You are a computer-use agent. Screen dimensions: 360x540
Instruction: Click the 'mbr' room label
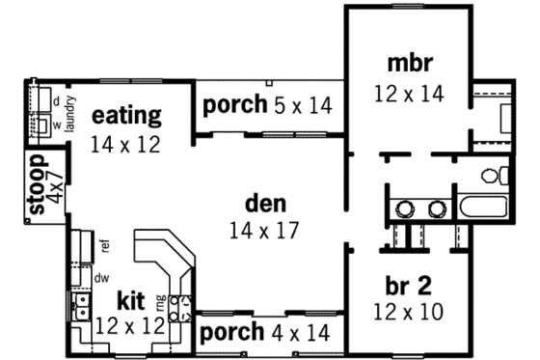coord(410,65)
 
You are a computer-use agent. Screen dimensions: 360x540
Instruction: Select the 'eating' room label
coord(126,117)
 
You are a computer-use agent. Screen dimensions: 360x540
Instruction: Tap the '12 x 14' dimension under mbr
coord(409,94)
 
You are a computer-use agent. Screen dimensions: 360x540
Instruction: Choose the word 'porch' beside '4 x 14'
coord(231,333)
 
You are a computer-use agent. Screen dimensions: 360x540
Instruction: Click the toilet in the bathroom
coord(494,176)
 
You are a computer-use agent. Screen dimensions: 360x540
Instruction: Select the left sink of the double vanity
coord(406,208)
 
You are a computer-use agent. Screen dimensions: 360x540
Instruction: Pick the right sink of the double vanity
coord(437,208)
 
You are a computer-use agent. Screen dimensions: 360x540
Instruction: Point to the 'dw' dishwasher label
coord(100,276)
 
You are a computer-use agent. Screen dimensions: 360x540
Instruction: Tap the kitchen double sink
coord(83,310)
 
